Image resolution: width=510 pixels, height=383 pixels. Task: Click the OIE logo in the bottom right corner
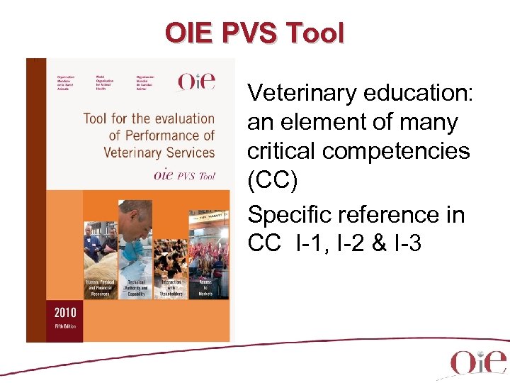click(478, 362)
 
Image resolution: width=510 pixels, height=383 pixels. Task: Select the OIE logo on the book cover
click(196, 82)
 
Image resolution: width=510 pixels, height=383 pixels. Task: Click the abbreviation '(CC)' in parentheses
click(273, 181)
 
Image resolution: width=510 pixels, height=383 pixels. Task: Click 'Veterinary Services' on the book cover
click(159, 152)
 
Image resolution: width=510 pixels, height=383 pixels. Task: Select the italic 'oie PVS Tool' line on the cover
click(183, 175)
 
